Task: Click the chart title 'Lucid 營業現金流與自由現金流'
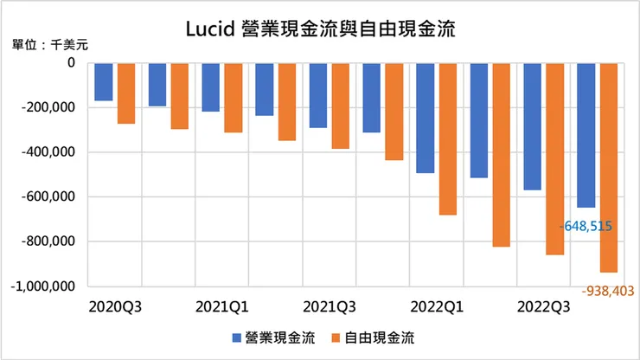321,29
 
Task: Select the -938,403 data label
604,292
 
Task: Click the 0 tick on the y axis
71,63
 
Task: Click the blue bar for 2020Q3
104,82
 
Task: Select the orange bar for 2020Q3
126,93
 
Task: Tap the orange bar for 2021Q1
234,98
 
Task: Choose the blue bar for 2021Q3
318,95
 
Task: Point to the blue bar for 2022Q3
533,126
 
